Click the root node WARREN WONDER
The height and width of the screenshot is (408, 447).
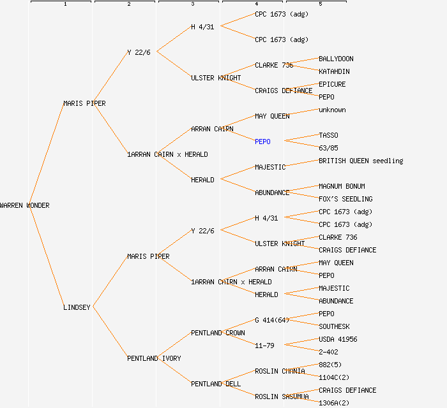click(25, 205)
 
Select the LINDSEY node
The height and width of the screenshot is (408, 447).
click(77, 307)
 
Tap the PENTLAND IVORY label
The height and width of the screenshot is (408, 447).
click(154, 358)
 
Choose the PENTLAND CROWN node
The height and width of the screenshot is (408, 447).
click(218, 333)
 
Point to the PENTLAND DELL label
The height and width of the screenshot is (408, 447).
click(216, 384)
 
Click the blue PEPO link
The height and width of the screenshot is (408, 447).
click(262, 142)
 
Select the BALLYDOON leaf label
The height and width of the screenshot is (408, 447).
click(336, 59)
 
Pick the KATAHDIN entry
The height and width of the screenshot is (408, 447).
click(334, 71)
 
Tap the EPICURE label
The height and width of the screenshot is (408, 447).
click(332, 84)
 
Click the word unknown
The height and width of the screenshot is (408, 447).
click(332, 110)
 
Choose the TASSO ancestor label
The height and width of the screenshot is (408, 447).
click(328, 135)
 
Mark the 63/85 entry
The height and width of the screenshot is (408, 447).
click(328, 148)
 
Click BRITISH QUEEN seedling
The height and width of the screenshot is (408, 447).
click(361, 161)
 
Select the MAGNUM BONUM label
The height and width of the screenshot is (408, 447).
click(342, 186)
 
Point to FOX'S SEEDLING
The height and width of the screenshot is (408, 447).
click(345, 199)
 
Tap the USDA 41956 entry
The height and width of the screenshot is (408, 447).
click(338, 339)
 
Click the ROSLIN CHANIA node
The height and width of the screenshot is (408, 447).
click(280, 371)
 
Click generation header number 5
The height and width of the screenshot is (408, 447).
click(321, 4)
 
